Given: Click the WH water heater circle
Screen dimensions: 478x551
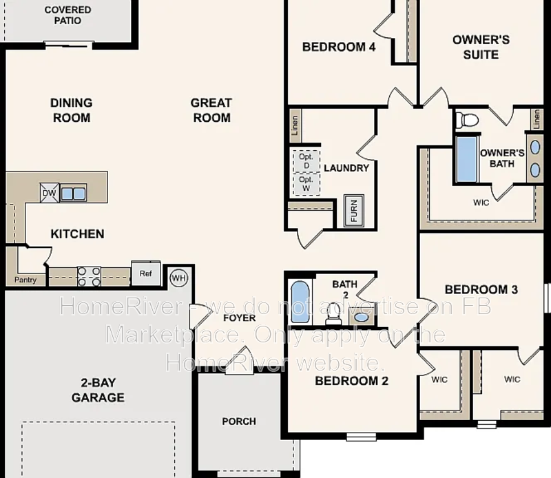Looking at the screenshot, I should (x=178, y=278).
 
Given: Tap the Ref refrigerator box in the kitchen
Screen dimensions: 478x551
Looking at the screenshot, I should (x=145, y=273).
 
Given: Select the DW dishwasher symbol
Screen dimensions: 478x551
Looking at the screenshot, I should (x=49, y=193).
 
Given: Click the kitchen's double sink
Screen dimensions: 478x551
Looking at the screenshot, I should (x=73, y=194).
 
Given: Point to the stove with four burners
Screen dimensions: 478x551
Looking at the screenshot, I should (x=89, y=277).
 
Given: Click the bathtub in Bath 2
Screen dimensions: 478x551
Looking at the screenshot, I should (x=300, y=301).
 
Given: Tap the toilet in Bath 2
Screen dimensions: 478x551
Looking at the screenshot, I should (x=334, y=314).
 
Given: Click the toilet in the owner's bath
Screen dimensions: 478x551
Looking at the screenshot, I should (x=468, y=120).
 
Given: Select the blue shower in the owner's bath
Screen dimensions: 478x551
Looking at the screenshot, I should (x=466, y=159).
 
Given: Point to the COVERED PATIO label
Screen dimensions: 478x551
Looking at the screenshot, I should (x=67, y=15).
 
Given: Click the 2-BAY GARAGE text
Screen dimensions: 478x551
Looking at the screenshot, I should (x=98, y=391).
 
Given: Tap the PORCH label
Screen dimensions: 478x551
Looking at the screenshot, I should (x=239, y=421).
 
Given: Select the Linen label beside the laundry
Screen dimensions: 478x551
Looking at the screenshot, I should (x=294, y=125).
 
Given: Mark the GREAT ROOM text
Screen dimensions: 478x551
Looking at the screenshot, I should (x=211, y=110).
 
